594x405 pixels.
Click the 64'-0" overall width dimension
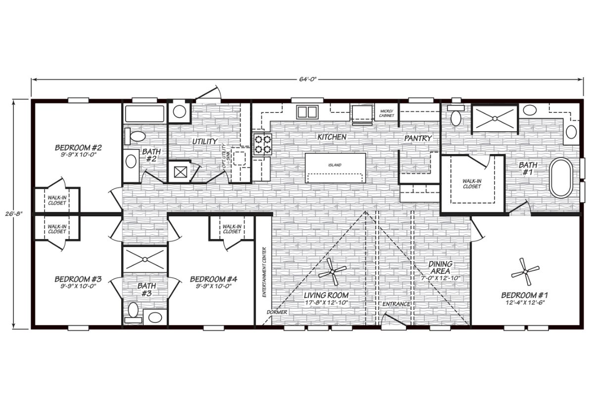(307, 79)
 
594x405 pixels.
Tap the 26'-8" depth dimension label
(14, 213)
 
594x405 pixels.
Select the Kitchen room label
(332, 137)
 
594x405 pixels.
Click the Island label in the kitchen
(335, 165)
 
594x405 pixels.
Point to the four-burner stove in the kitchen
(262, 145)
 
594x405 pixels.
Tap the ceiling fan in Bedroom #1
(525, 272)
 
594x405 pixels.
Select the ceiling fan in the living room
(332, 272)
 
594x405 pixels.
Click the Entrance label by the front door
(396, 304)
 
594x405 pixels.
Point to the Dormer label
(277, 312)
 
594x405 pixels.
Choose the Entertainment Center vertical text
(264, 272)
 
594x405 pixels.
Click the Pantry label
(418, 138)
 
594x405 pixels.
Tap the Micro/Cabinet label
(387, 113)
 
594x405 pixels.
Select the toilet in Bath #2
(135, 136)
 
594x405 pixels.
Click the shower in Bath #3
(145, 259)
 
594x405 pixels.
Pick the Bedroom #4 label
(213, 279)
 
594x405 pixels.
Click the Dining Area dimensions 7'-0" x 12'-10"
(440, 278)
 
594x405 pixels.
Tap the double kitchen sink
(307, 112)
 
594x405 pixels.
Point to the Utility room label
(205, 142)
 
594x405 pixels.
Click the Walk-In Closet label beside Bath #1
(472, 184)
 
